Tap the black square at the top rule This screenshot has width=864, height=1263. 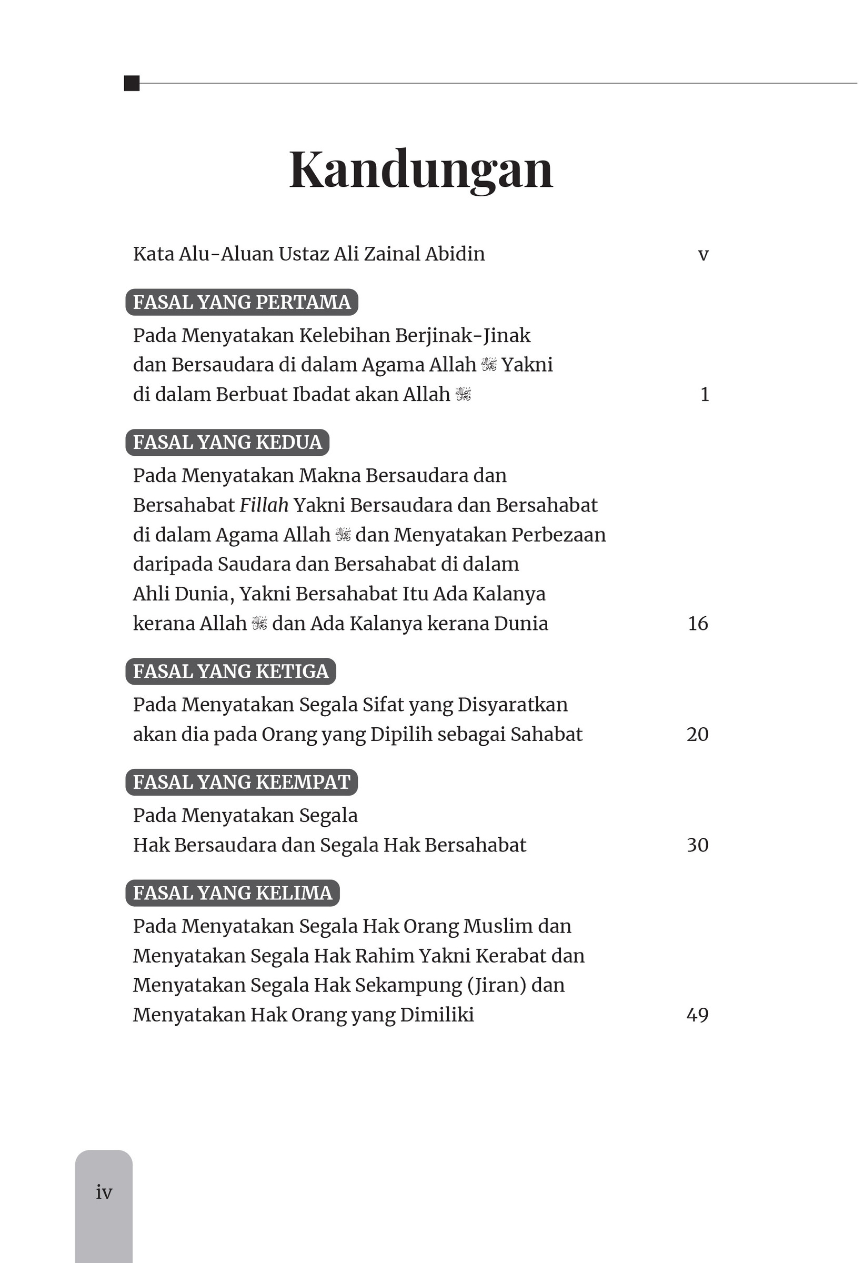[x=132, y=83]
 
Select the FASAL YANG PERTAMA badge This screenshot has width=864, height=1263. [x=242, y=302]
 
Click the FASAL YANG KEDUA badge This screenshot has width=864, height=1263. [x=227, y=443]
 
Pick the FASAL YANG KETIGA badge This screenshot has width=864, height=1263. [x=230, y=671]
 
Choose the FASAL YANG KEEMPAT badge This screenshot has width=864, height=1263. [x=242, y=782]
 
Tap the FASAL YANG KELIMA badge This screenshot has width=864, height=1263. [x=232, y=893]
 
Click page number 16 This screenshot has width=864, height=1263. [x=698, y=624]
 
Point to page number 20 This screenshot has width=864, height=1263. [x=697, y=734]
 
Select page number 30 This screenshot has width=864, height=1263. [x=697, y=845]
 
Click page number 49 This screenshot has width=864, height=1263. [x=697, y=1015]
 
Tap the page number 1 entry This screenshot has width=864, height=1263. [x=705, y=394]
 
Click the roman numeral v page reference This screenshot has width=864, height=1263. [x=703, y=254]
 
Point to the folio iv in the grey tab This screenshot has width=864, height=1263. [x=104, y=1192]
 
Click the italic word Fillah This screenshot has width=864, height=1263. [x=264, y=505]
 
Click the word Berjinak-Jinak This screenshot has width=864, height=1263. [x=463, y=336]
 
